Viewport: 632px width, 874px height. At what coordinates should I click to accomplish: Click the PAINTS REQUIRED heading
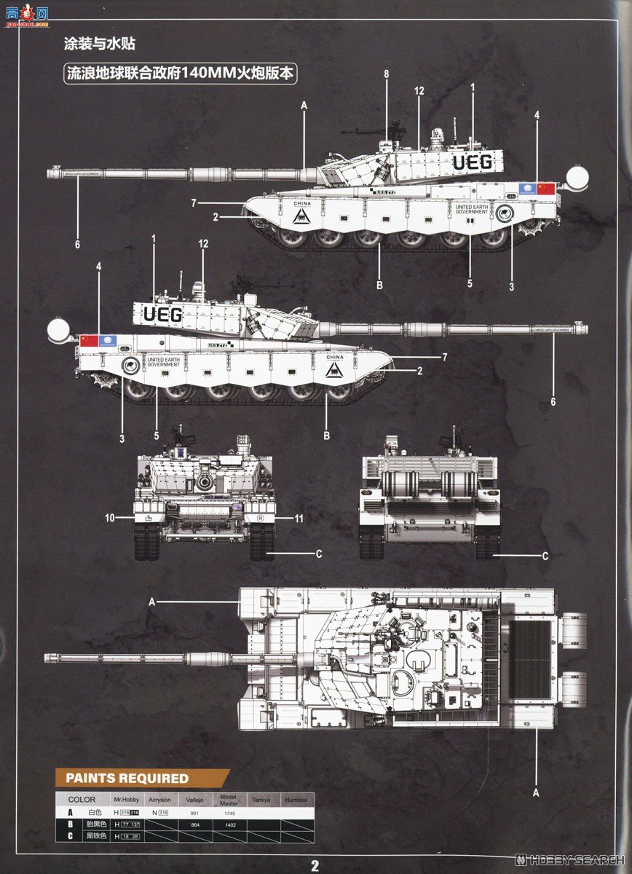coord(127,778)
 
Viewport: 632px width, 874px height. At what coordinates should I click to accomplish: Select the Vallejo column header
coord(194,800)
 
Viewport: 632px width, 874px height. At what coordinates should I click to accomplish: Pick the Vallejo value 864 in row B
coord(194,824)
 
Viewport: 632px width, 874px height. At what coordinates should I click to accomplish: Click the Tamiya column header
coord(261,800)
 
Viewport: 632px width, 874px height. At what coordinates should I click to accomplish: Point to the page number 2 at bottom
coord(315,865)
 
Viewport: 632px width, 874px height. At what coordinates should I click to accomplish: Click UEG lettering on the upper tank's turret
coord(473,162)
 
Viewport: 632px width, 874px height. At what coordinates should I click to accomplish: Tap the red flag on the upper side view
coord(546,189)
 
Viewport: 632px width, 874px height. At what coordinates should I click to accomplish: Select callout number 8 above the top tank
coord(387,74)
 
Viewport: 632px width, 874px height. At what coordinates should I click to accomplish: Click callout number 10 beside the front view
coord(110,518)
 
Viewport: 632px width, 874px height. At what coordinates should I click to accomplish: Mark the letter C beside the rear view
coord(545,556)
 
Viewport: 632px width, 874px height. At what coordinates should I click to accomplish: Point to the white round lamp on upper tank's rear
coord(577,177)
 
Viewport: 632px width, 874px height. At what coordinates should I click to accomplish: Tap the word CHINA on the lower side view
coord(335,357)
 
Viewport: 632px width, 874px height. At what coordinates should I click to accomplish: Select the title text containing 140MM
coord(181,74)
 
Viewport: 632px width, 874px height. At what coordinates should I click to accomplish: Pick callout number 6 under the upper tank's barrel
coord(77,244)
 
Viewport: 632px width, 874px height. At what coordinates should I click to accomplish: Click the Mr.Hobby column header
coord(126,800)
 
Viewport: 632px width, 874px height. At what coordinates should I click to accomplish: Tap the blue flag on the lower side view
coord(108,340)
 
